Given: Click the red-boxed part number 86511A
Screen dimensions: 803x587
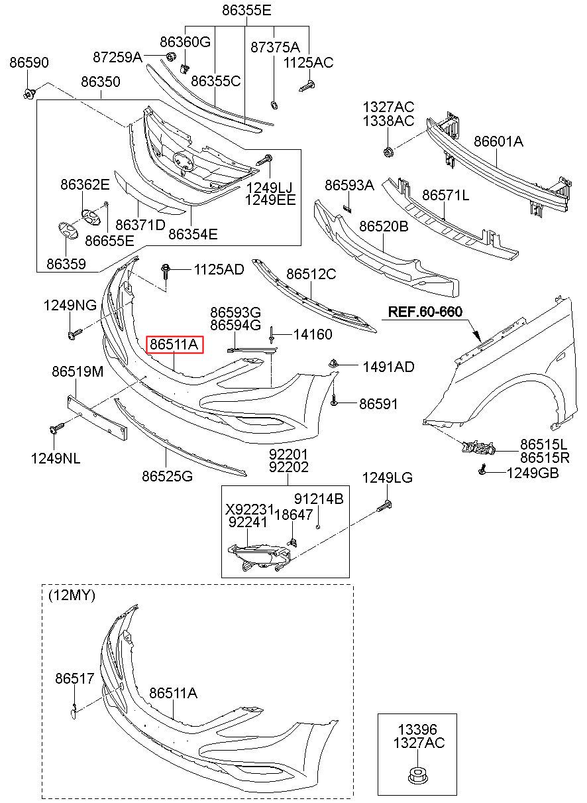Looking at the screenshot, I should click(x=174, y=345).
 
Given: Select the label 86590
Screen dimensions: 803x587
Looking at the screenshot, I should click(x=28, y=63).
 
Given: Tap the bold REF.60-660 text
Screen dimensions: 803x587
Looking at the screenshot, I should click(x=425, y=312).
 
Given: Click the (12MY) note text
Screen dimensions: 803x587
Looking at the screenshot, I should click(x=72, y=595).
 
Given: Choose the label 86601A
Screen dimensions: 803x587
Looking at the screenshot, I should click(x=498, y=141).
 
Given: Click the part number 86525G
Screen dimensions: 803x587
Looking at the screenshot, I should click(x=167, y=475).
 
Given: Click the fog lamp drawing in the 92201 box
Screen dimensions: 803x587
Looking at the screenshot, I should click(x=261, y=556).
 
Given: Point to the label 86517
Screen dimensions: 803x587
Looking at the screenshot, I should click(x=75, y=678).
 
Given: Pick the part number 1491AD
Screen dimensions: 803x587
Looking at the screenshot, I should click(x=388, y=367).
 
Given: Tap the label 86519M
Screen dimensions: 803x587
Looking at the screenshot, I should click(x=78, y=373).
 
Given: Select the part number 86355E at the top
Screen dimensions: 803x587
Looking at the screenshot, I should click(x=246, y=11).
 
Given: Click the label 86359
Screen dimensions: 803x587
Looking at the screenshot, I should click(x=66, y=263).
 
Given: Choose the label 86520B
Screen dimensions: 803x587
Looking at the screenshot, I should click(x=384, y=226).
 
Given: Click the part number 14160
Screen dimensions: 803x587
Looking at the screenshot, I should click(x=313, y=335).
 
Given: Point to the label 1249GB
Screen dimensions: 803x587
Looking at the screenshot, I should click(x=532, y=473).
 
